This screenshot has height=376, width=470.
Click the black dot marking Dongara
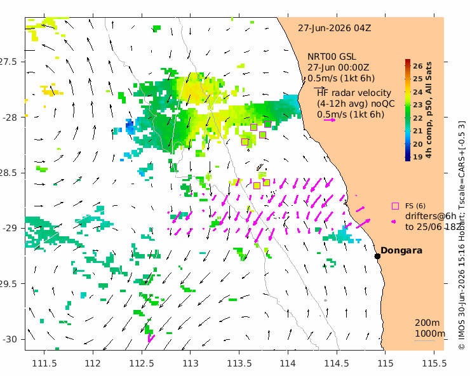coord(377,256)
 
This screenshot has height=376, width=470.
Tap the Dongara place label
coord(401,250)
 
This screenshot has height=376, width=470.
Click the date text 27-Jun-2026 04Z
coord(334,28)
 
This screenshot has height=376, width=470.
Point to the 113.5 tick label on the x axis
coord(239,363)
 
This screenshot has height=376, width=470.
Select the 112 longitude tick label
coord(93,363)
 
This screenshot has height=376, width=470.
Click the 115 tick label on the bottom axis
coord(385,363)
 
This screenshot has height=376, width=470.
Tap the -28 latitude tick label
coord(10,117)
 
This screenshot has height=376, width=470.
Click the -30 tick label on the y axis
coord(10,339)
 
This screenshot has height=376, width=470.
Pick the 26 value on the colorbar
coord(417,66)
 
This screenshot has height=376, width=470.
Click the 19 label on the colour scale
coord(417,157)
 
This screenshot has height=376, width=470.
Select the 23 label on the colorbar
coord(417,105)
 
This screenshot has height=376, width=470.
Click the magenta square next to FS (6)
coord(395,206)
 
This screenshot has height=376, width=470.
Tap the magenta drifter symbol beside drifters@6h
coord(393,222)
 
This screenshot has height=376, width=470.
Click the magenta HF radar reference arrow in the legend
coord(330,120)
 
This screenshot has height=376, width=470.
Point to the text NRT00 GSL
coord(332,57)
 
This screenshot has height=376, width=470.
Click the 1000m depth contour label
coord(430,333)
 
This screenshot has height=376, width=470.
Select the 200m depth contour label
coord(427,323)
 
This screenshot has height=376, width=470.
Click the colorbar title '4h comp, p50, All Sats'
coord(429,110)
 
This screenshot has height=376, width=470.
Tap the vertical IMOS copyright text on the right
coord(462,235)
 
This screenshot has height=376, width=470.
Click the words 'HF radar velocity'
coord(354,93)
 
